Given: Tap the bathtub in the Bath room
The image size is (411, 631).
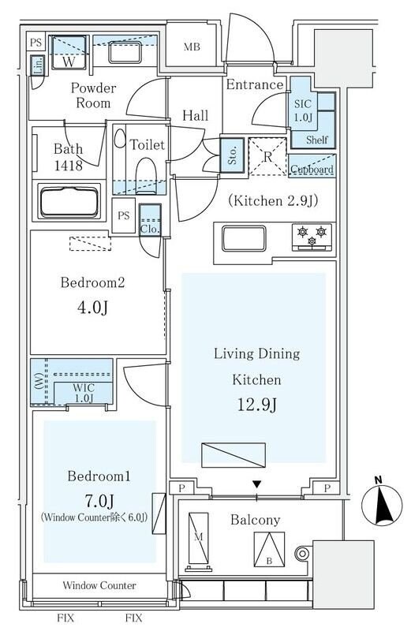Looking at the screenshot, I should coord(69,202).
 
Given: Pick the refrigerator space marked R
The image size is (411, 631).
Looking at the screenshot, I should coord(267,157).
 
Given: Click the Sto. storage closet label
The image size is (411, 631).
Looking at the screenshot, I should coord(211,155).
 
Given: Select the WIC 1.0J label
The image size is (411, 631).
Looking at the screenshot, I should coord(82,391).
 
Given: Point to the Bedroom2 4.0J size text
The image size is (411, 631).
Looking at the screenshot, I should coord(92,307).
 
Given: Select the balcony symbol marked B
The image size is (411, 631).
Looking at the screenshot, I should coord(269,546).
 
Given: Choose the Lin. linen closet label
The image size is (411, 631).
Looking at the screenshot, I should coord(37,67).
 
